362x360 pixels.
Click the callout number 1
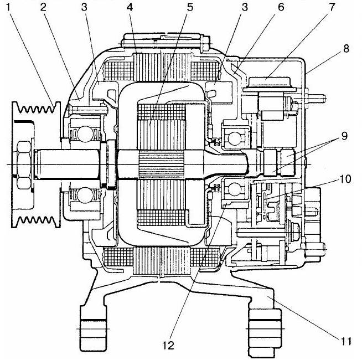pos(8,7)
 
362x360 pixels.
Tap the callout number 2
pos(43,7)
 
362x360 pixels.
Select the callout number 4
pos(130,7)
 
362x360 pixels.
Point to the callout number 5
pos(189,7)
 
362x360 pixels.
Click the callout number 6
pos(281,7)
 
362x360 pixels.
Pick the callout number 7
pos(332,7)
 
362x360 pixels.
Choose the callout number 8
pos(346,49)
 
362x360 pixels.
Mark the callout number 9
pos(344,136)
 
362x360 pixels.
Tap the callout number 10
pos(345,179)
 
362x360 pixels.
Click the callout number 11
pos(345,341)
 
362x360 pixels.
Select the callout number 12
pos(168,346)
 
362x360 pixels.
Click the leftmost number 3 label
pos(84,7)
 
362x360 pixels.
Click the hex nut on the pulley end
pos(24,164)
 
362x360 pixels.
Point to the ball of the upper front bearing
pos(85,134)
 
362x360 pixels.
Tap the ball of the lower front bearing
pos(85,196)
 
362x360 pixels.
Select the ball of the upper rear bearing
pos(234,138)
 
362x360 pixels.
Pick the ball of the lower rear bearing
pos(234,189)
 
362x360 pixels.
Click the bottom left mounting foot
pos(94,328)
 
